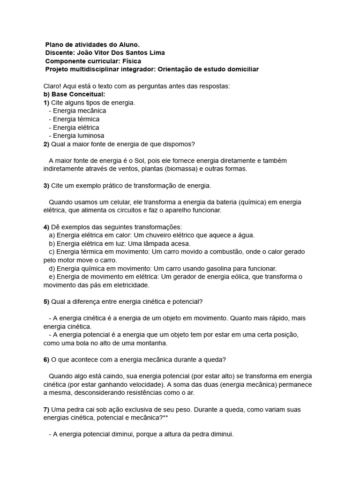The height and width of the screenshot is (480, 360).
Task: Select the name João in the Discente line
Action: click(84, 52)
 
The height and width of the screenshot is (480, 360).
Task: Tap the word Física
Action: click(131, 61)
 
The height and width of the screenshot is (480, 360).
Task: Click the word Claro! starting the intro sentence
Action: click(52, 86)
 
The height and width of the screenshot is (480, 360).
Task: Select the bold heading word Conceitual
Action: click(89, 94)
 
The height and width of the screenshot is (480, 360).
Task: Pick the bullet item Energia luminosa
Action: click(78, 135)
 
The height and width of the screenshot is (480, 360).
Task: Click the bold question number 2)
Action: click(46, 144)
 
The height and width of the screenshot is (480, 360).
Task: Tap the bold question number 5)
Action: click(46, 301)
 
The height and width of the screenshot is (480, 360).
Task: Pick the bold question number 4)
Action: click(46, 227)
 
